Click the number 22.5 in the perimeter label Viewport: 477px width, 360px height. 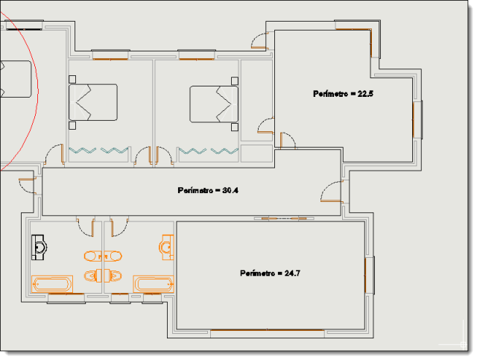[x=365, y=94]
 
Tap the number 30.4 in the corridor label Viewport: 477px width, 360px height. [x=230, y=191]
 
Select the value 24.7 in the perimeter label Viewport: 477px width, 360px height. [x=292, y=274]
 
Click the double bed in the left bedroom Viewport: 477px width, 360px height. [x=93, y=102]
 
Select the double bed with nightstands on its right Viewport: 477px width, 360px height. [x=214, y=104]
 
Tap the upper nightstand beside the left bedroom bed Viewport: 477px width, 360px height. [x=72, y=79]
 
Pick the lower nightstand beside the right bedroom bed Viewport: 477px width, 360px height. [x=235, y=127]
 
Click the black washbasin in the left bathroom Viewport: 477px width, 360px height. [x=39, y=247]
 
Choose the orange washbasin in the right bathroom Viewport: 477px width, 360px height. [x=166, y=247]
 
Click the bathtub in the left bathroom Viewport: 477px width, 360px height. [x=52, y=284]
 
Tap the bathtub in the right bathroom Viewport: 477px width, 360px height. [x=154, y=284]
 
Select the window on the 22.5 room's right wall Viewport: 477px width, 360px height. [x=417, y=119]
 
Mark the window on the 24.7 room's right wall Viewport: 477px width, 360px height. [x=370, y=275]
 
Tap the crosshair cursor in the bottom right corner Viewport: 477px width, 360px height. [x=463, y=344]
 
